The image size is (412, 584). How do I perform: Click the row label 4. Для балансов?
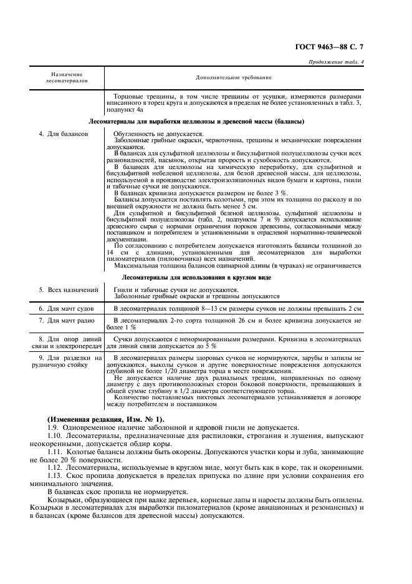pyautogui.click(x=63, y=134)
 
